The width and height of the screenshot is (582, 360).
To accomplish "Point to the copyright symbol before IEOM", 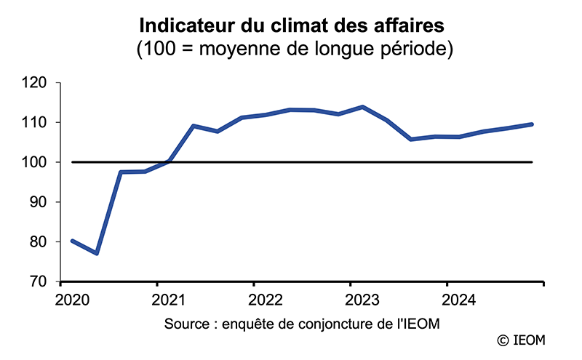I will [x=502, y=340].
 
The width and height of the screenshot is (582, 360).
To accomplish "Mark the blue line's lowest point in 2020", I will [x=96, y=253].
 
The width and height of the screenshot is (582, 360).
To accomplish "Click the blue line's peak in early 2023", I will [x=362, y=107].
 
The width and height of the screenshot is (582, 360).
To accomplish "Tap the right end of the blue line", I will [x=533, y=124].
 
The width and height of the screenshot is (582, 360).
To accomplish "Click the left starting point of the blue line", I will [x=72, y=241].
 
